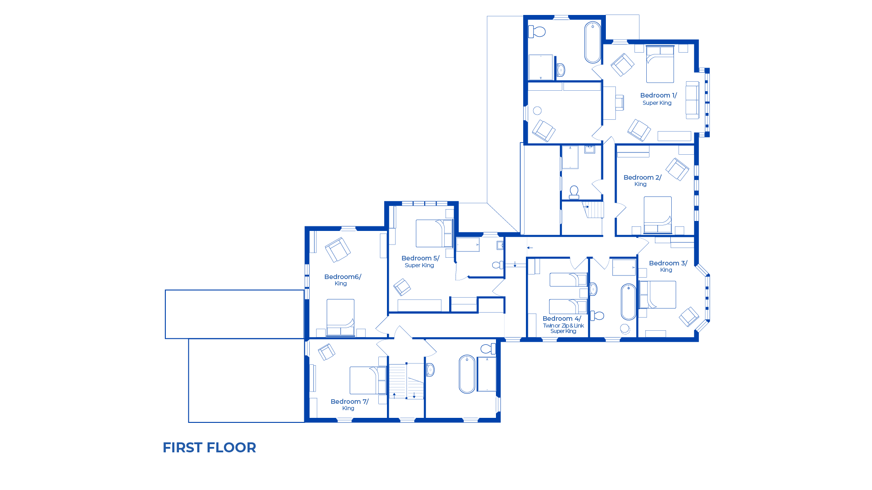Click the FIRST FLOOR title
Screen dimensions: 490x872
coord(209,447)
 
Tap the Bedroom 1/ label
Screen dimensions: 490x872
coord(658,95)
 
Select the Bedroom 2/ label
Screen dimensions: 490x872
coord(642,177)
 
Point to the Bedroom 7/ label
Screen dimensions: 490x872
coord(349,402)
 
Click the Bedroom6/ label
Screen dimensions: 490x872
coord(342,277)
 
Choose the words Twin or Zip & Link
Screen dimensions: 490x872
coord(563,326)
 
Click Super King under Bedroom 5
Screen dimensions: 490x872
coord(419,265)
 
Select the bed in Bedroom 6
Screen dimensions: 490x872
coord(340,317)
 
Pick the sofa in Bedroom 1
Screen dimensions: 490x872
coord(692,100)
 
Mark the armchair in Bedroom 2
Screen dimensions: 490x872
coord(677,169)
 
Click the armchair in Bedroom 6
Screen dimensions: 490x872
coord(337,250)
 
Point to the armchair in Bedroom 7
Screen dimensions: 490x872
coord(327,352)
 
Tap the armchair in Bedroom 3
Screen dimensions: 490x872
coord(689,316)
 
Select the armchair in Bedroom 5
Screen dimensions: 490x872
coord(402,287)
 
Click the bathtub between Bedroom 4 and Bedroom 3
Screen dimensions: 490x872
coord(629,302)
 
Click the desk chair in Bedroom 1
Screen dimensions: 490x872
coord(619,103)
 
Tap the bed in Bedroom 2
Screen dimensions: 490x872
coord(658,215)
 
